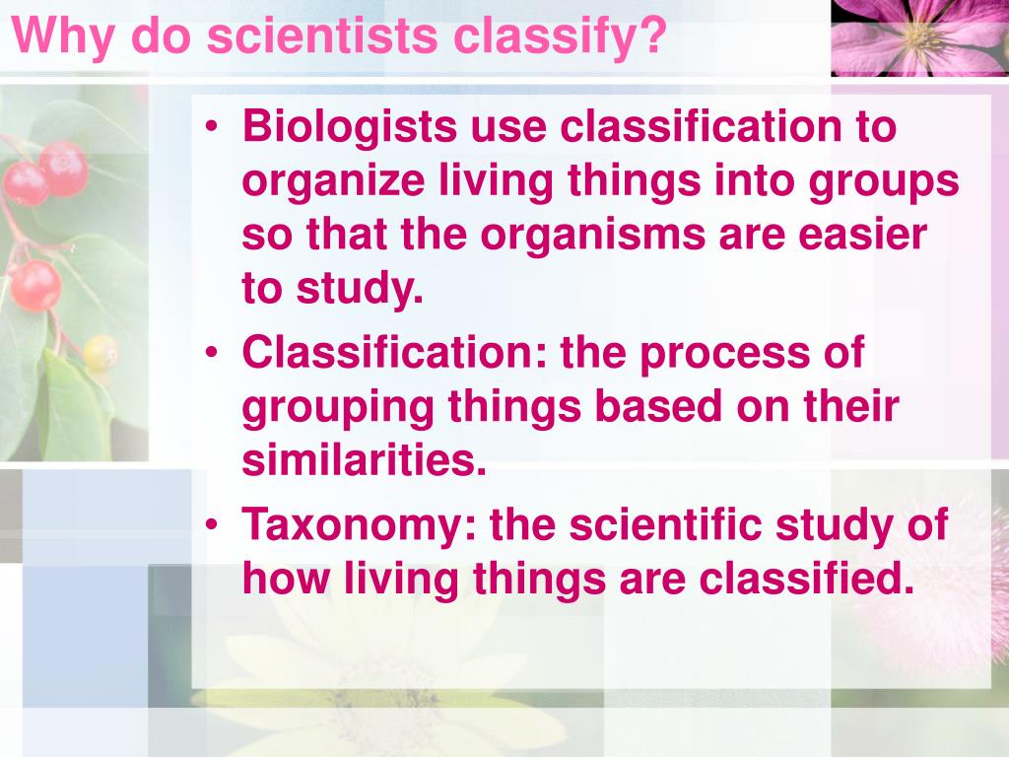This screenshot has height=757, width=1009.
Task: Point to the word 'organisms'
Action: tap(590, 237)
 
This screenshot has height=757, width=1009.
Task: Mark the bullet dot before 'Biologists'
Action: tap(214, 129)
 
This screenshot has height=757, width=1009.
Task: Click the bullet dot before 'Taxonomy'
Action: tap(214, 525)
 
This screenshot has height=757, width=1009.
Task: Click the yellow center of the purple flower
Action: tap(919, 34)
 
